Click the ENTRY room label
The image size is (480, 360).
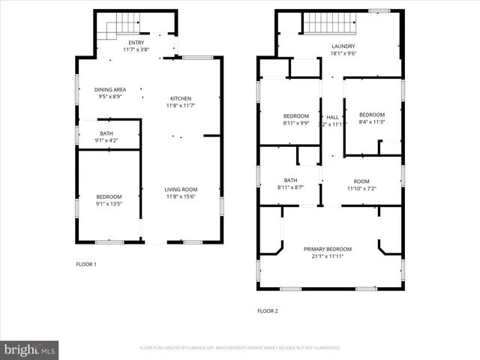coord(136,43)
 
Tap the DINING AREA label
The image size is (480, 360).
coord(109,90)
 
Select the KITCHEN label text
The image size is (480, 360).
coord(180,98)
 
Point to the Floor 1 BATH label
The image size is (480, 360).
coord(106,134)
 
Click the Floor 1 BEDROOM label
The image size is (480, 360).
coord(109,196)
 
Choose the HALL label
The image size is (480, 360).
coord(332,117)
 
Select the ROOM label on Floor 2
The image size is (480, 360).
coord(361,181)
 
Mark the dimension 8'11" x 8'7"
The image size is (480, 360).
coord(290,187)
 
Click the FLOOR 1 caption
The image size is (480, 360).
coord(86,264)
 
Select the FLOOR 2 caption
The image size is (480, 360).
coord(268,310)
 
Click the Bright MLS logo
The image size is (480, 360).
coord(29,349)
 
